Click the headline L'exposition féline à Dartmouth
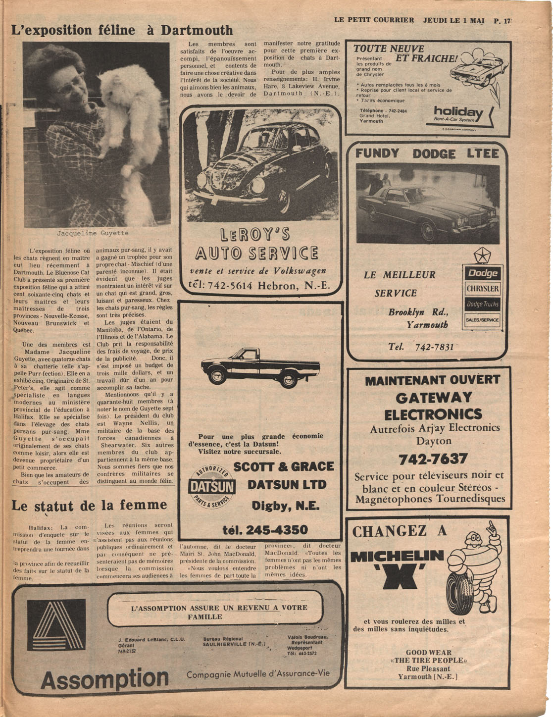click(x=122, y=30)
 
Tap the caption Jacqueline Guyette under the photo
click(x=93, y=233)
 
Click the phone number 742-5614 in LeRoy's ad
click(x=230, y=286)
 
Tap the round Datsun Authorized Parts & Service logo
click(x=212, y=486)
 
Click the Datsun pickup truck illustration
click(x=260, y=368)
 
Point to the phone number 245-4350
click(x=265, y=530)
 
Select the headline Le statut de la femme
click(x=89, y=506)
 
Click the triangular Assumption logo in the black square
click(x=60, y=624)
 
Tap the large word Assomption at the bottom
click(x=104, y=678)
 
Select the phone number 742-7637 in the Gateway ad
click(x=433, y=459)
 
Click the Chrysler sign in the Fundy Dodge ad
click(x=482, y=289)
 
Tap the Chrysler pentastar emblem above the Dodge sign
click(x=482, y=256)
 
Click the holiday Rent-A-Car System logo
click(x=458, y=114)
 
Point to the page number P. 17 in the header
click(x=502, y=21)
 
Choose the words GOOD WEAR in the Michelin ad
click(x=428, y=653)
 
